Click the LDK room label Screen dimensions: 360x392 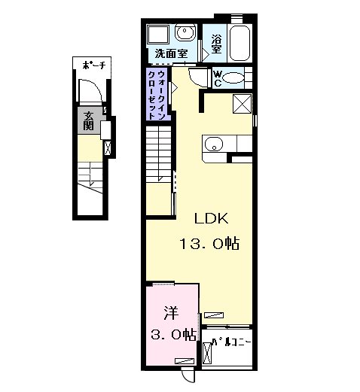[212, 218]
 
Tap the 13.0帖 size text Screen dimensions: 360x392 [209, 243]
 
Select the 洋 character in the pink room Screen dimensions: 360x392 [172, 313]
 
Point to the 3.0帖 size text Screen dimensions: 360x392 [173, 335]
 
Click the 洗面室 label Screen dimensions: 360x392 [171, 53]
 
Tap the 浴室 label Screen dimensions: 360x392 [216, 44]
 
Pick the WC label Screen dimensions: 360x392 [218, 78]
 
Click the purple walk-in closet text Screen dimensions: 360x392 [157, 95]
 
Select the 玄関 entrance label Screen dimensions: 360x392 [89, 121]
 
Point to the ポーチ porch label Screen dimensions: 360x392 [94, 65]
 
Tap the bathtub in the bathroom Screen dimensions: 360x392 [240, 43]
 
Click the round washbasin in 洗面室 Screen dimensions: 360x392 [185, 32]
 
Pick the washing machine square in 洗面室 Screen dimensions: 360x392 [158, 35]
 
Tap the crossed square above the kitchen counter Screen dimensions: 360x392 [243, 104]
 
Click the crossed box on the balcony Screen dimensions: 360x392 [207, 353]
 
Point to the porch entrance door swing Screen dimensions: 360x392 [90, 90]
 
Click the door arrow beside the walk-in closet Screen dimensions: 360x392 [175, 88]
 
